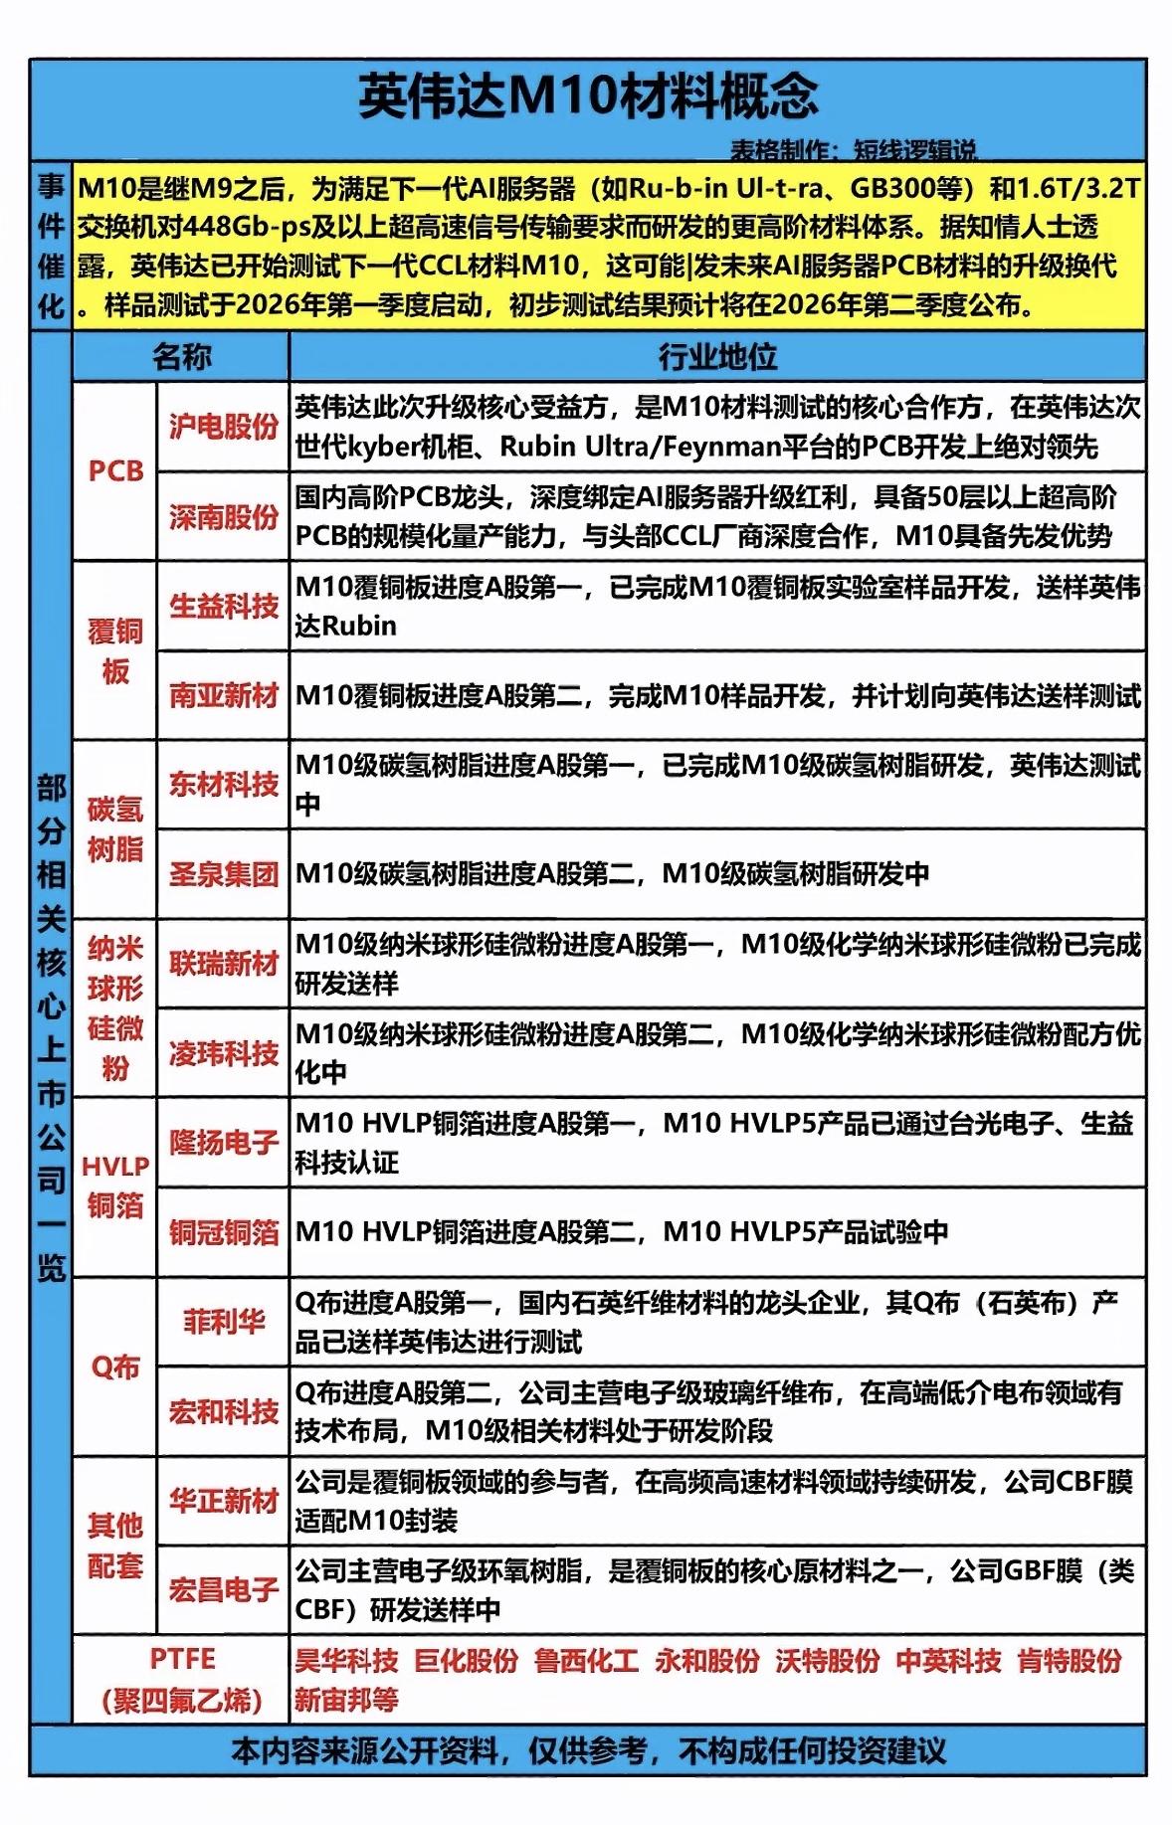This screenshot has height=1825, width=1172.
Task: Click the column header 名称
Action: pos(181,356)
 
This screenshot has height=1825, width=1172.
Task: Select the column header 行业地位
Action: pos(716,356)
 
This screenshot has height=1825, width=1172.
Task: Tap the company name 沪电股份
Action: pos(223,427)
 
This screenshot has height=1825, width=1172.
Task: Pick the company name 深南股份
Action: pos(223,516)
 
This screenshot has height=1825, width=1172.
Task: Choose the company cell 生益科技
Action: pos(223,606)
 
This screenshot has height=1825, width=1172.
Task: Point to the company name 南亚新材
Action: pos(223,695)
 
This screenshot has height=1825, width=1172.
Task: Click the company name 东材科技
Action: pos(223,785)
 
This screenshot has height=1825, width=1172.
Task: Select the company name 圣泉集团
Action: pos(223,874)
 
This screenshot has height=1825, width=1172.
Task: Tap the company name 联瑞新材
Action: pos(223,963)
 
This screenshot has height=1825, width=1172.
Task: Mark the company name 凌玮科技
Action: pos(223,1053)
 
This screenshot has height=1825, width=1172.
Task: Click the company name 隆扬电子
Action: pos(223,1142)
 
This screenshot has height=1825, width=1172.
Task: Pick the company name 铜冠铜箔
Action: pos(223,1232)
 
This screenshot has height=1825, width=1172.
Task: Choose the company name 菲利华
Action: pos(223,1322)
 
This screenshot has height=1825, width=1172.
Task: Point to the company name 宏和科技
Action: pos(223,1411)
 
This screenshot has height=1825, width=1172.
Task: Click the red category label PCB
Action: pos(115,470)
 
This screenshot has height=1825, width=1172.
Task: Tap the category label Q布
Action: pos(115,1368)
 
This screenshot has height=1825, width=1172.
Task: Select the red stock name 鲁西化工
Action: pos(586,1660)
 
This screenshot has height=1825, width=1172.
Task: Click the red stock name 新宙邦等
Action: pos(346,1700)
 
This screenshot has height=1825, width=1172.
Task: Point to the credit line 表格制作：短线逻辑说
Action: pos(854,150)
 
